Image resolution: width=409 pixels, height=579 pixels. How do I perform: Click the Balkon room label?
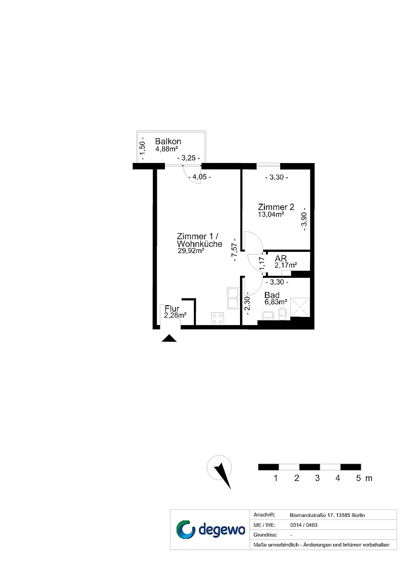[168, 141]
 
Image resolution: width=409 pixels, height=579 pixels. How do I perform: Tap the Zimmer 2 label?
[276, 207]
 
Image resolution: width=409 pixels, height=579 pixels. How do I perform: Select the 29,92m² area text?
[191, 251]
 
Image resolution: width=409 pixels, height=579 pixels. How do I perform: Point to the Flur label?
[172, 309]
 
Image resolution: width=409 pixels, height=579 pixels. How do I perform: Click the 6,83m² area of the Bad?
[276, 302]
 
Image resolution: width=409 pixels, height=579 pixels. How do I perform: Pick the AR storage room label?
[281, 259]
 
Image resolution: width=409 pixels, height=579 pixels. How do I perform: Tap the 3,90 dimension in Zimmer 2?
[304, 219]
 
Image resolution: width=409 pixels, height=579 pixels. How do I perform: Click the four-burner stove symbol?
[217, 318]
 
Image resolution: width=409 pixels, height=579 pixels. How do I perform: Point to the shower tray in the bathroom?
[301, 306]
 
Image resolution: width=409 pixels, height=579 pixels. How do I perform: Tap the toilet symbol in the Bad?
[283, 314]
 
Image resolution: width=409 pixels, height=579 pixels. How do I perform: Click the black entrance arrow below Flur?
[169, 338]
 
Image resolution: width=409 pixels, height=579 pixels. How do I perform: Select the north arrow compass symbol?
[220, 471]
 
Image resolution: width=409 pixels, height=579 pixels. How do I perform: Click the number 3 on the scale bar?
[317, 478]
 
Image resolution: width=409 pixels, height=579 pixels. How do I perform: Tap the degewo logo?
[210, 529]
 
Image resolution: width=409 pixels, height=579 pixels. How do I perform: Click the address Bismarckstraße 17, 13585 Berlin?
[327, 515]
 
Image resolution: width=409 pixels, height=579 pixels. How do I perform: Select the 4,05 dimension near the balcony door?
[199, 177]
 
